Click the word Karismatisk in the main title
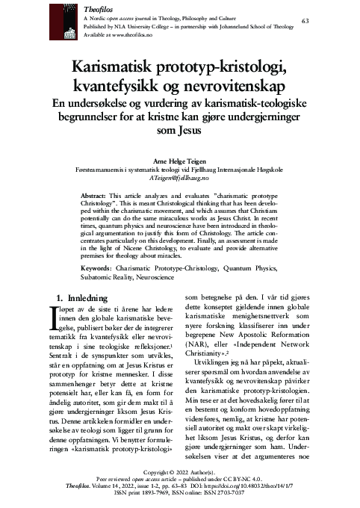click(x=117, y=68)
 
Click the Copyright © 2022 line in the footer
click(x=179, y=473)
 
